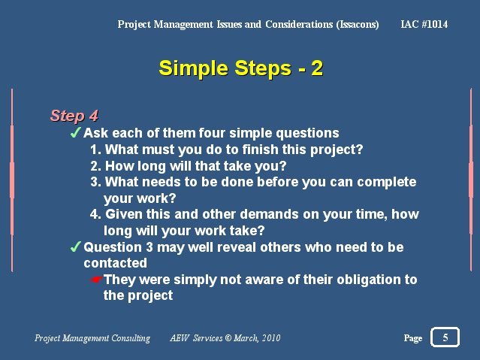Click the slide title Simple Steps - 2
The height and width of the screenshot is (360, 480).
click(240, 68)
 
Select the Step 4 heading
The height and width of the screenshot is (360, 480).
click(74, 116)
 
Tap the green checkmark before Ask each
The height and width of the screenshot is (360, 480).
click(75, 132)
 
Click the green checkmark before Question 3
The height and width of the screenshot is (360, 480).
click(75, 247)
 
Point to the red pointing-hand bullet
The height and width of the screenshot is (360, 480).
click(96, 280)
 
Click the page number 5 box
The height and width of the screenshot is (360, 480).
click(445, 337)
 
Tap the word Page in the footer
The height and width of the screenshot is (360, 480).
click(413, 338)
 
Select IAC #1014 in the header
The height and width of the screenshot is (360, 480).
click(424, 24)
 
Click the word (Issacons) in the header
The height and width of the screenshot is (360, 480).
click(358, 25)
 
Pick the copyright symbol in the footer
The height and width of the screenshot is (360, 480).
click(228, 337)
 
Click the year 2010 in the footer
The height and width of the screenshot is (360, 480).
click(271, 338)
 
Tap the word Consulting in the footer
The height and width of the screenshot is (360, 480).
click(131, 338)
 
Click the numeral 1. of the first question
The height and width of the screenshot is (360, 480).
click(95, 150)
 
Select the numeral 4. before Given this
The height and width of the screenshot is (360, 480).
click(95, 214)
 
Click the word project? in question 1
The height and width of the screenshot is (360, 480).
click(337, 150)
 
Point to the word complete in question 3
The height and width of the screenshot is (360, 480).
click(387, 183)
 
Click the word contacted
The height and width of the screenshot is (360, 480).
click(115, 263)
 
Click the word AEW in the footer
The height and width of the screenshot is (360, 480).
click(180, 338)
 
